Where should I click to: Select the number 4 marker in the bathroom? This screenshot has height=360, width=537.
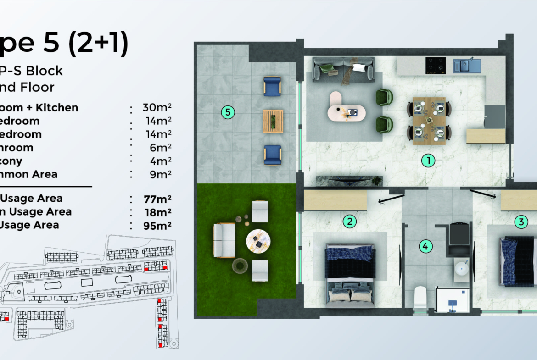425,246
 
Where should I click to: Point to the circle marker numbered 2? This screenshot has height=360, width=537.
350,222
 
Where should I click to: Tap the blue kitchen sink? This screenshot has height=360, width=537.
467,66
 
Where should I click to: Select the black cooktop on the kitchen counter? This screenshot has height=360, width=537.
436,65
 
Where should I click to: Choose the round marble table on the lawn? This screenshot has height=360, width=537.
258,240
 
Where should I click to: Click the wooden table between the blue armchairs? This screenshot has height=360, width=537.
273,121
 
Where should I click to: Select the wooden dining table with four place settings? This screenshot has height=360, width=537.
429,121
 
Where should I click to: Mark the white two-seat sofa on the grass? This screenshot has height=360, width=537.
224,240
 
